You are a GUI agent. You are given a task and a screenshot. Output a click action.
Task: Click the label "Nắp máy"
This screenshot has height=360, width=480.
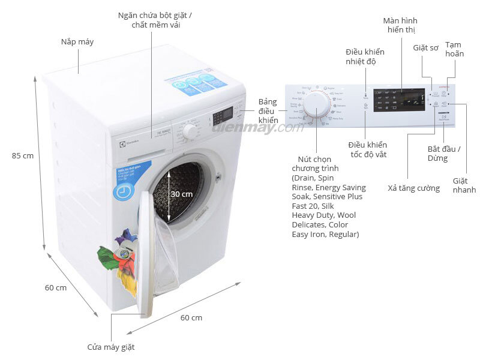click(x=77, y=42)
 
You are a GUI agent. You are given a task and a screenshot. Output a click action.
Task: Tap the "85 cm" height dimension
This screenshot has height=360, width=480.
click(x=23, y=155)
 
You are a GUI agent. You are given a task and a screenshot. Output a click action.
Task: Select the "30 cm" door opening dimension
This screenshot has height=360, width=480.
click(x=181, y=194)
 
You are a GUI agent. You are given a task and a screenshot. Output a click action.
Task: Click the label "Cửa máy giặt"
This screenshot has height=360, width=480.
click(x=111, y=347)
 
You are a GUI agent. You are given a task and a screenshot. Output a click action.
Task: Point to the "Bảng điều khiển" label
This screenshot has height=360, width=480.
click(x=268, y=111)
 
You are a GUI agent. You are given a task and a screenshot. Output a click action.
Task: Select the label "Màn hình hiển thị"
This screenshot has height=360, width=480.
click(x=400, y=25)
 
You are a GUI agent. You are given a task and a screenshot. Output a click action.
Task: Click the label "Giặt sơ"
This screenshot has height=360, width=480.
click(x=425, y=47)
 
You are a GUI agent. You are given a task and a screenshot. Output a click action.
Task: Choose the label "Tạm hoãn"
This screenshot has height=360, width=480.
click(x=454, y=49)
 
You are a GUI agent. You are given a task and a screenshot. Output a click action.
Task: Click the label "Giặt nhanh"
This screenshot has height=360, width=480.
click(x=464, y=185)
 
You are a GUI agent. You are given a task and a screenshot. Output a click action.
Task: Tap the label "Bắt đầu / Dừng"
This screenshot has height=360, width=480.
click(x=444, y=154)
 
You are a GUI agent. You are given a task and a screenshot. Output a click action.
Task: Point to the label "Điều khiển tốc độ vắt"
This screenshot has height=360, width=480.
click(x=367, y=149)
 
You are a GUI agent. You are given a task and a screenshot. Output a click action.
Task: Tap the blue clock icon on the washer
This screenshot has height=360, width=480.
click(x=123, y=191)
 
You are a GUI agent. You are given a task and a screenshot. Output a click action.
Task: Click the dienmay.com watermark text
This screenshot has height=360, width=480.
click(x=254, y=127)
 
